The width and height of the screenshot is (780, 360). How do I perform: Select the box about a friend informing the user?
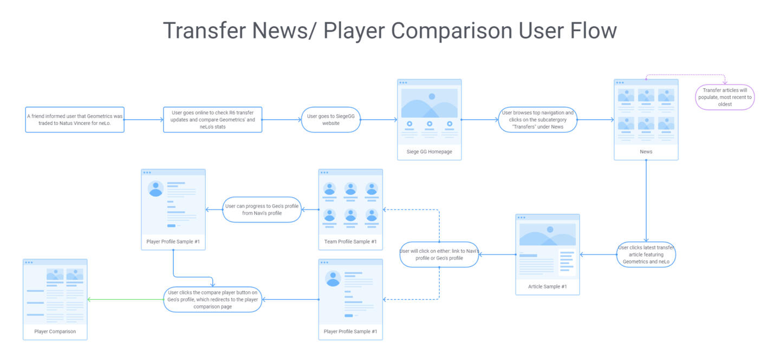(75, 120)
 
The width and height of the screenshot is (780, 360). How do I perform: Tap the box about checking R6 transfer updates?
(212, 120)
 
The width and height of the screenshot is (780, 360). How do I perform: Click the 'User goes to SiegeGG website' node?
(331, 120)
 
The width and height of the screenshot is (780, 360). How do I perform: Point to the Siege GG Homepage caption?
(430, 152)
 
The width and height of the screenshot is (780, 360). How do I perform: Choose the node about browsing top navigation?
(538, 120)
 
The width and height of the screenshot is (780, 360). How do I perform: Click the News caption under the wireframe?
(646, 152)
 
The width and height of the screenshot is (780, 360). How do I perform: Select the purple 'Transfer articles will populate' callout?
(725, 97)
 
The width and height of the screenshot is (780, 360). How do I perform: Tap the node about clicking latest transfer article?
(646, 254)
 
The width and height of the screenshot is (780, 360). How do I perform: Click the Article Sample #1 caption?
(548, 286)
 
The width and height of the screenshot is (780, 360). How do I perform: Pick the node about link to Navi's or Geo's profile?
(439, 254)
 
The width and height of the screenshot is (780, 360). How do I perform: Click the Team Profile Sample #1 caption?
(350, 241)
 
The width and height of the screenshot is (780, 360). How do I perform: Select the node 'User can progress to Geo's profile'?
(262, 210)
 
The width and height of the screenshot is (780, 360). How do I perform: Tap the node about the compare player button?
(212, 299)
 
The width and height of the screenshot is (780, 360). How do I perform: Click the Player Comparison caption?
(55, 331)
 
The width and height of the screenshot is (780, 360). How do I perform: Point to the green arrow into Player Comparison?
(125, 299)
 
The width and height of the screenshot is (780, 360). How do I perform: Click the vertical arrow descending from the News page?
(646, 201)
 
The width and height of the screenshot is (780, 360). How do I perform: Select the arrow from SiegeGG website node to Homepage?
(379, 120)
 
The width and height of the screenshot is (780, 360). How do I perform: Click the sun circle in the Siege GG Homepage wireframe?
(432, 96)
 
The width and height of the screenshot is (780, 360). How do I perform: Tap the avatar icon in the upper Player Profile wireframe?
(155, 189)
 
